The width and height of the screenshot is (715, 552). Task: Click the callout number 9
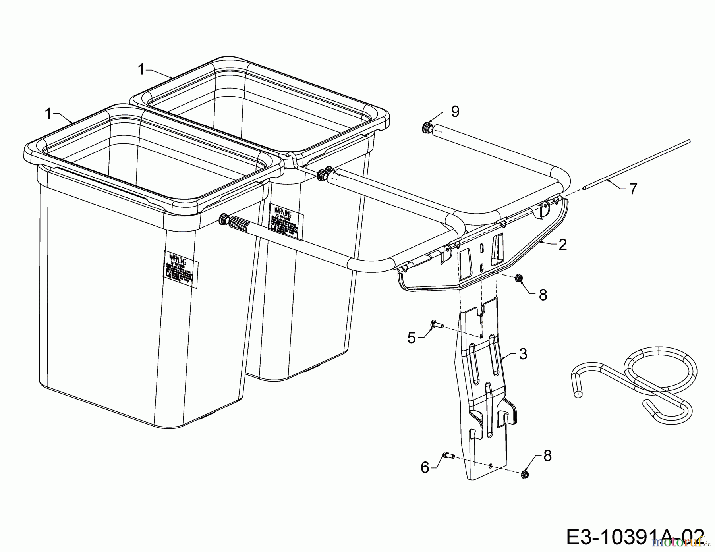[x=455, y=112]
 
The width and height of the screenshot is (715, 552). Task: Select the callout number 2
[x=562, y=245]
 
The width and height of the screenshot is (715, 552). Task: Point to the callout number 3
[x=523, y=353]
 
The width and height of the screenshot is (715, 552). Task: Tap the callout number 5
[x=412, y=338]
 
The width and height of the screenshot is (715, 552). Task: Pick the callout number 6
[x=425, y=468]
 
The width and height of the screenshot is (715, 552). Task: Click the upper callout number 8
[x=543, y=295]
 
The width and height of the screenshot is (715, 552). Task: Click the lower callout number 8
[x=547, y=456]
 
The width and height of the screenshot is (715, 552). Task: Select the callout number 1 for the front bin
[x=48, y=114]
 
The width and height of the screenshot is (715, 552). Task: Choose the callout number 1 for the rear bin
[x=141, y=69]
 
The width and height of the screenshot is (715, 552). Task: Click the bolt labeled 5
[x=435, y=325]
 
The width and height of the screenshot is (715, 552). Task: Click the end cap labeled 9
[x=427, y=128]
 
